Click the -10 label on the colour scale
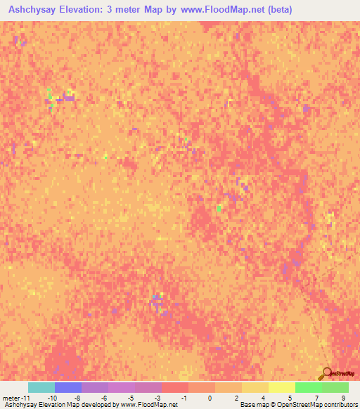pos(51,398)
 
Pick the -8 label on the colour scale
pos(77,398)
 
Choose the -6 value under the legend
pos(103,398)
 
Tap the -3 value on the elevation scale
pos(157,398)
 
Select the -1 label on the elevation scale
pos(184,398)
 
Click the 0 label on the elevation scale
pos(210,398)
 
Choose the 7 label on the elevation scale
pos(316,398)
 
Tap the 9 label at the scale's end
pos(343,398)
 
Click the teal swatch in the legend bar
pos(41,387)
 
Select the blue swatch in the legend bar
pos(68,387)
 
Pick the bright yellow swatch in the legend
pos(282,387)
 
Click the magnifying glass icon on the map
pos(326,374)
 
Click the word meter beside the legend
pos(12,398)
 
